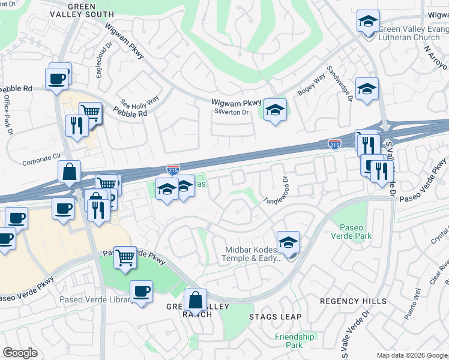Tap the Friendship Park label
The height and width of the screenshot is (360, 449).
tap(294, 341)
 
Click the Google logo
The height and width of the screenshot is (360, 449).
tap(20, 353)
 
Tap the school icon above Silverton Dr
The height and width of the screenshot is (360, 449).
tap(275, 110)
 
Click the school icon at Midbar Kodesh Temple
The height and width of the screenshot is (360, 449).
tap(289, 242)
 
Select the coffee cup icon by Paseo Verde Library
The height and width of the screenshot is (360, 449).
tap(142, 292)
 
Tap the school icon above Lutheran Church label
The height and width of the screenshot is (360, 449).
tap(367, 22)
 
